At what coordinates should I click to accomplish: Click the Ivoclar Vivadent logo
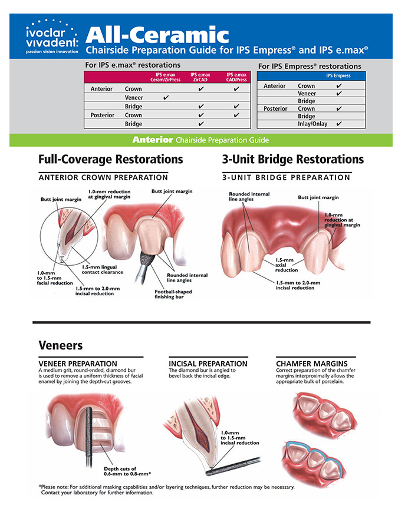click(52, 38)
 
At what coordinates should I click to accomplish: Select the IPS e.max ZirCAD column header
click(200, 78)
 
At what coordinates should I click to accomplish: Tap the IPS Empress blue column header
click(338, 76)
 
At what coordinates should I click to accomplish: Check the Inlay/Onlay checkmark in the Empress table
click(338, 124)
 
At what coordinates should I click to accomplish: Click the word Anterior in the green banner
click(152, 140)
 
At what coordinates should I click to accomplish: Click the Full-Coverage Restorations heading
click(110, 160)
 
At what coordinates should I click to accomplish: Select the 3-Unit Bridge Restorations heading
click(292, 160)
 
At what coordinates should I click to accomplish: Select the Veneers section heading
click(60, 345)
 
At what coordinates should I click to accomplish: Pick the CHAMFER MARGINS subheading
click(311, 364)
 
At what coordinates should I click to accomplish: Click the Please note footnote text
click(166, 490)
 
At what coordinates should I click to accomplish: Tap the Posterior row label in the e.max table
click(102, 115)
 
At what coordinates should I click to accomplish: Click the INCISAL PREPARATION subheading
click(208, 364)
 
